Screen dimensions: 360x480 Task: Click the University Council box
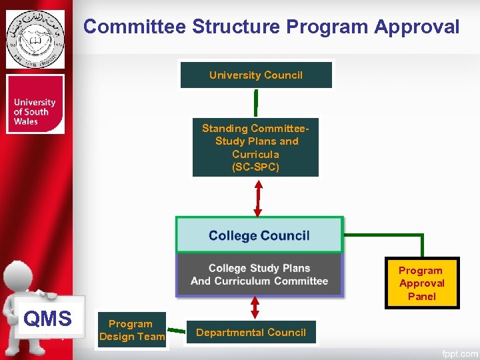(256, 75)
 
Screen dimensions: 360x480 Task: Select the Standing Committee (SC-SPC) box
(255, 147)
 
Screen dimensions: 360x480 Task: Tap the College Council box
(259, 235)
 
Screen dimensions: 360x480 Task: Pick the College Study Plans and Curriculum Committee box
(259, 275)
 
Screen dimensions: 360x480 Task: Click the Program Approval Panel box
(421, 283)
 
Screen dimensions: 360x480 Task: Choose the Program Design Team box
(131, 331)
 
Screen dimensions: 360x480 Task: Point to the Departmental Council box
(251, 332)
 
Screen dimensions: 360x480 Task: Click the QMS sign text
(47, 319)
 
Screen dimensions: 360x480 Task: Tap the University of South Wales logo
(35, 105)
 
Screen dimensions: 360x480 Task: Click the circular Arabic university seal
(35, 39)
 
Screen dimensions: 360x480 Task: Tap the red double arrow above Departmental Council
(254, 307)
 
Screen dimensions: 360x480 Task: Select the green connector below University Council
(255, 102)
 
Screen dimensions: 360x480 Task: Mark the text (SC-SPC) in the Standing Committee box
(255, 167)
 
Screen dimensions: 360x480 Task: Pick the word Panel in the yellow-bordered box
(421, 297)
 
